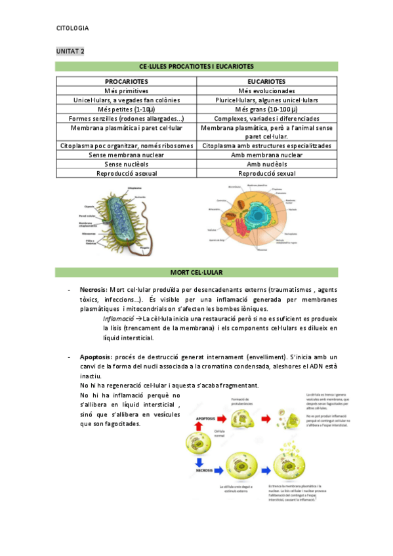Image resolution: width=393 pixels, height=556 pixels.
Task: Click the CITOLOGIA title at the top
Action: pyautogui.click(x=73, y=28)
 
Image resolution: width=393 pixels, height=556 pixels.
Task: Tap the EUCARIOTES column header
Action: pyautogui.click(x=266, y=81)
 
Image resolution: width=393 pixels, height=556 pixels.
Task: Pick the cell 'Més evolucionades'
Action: pyautogui.click(x=266, y=90)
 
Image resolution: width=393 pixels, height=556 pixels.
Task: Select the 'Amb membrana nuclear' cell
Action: pyautogui.click(x=266, y=155)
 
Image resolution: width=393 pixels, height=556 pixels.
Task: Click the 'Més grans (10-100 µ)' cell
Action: pyautogui.click(x=266, y=109)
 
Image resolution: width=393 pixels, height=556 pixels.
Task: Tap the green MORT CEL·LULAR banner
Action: pyautogui.click(x=197, y=271)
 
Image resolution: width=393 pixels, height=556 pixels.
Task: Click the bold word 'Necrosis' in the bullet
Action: pyautogui.click(x=93, y=290)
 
